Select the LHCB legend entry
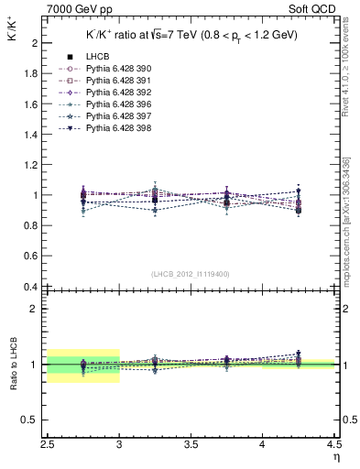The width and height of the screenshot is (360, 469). pyautogui.click(x=98, y=57)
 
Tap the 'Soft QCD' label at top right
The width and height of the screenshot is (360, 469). pyautogui.click(x=317, y=7)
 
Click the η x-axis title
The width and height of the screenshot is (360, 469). pyautogui.click(x=335, y=456)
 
